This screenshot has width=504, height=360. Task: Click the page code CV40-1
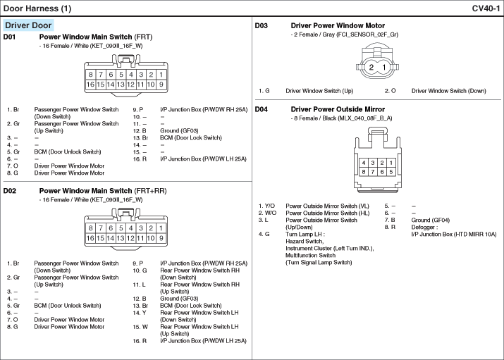tap(486, 8)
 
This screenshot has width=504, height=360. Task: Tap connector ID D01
tap(10, 37)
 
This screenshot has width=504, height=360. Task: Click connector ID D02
tap(10, 190)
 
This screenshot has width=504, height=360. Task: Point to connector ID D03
tap(262, 25)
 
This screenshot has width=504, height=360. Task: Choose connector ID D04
tap(262, 109)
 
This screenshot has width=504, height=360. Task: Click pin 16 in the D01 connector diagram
tap(91, 85)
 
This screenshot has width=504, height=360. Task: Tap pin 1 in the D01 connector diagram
tap(161, 74)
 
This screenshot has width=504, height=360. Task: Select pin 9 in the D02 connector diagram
tap(161, 238)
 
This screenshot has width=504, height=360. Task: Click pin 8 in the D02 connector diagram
tap(91, 228)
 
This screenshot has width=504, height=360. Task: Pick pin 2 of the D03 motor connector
tap(371, 67)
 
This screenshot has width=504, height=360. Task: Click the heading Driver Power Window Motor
tap(338, 25)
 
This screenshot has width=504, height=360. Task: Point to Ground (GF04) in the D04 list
tap(430, 220)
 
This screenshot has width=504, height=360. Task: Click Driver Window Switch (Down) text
tap(448, 91)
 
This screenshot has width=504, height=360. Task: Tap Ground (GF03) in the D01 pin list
tap(179, 130)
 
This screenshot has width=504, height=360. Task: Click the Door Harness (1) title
tap(38, 8)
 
